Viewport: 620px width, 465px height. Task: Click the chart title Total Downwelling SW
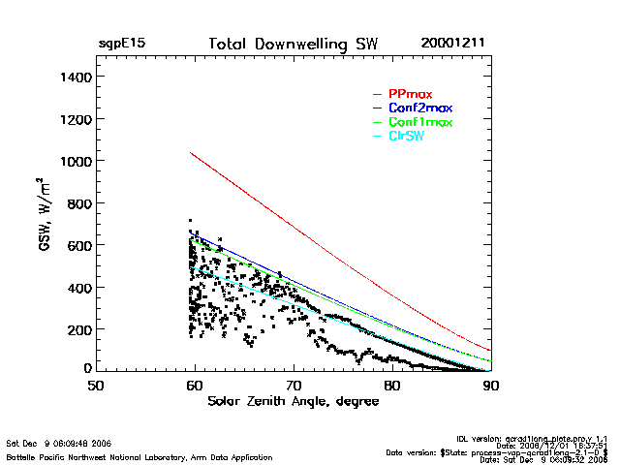(294, 45)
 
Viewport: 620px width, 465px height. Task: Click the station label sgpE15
(121, 45)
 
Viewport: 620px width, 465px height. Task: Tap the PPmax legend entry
(410, 94)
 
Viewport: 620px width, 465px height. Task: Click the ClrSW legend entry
(406, 136)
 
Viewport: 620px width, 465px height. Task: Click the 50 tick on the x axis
(96, 386)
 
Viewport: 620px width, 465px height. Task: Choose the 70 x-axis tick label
(294, 386)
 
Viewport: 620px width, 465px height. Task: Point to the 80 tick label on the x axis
(392, 386)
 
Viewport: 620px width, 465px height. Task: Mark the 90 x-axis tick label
(491, 386)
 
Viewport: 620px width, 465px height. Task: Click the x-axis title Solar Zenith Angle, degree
(293, 401)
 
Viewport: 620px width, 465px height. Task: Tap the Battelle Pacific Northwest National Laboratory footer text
(139, 456)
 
